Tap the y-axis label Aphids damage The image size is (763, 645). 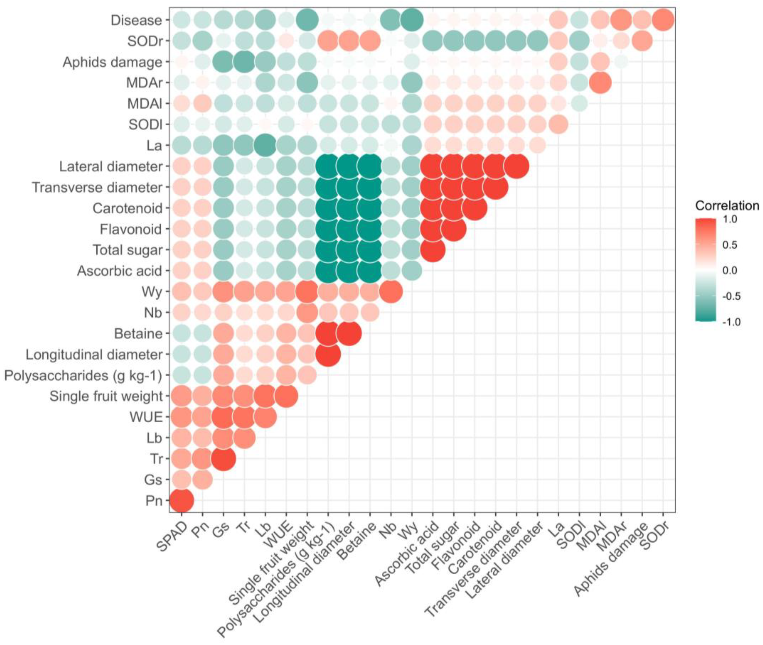[x=112, y=62]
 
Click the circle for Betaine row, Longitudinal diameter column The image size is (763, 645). [x=349, y=333]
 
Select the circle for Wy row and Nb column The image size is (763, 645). [x=391, y=292]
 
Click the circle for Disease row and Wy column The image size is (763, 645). [x=412, y=20]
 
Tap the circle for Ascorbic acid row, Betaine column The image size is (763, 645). [x=370, y=271]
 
